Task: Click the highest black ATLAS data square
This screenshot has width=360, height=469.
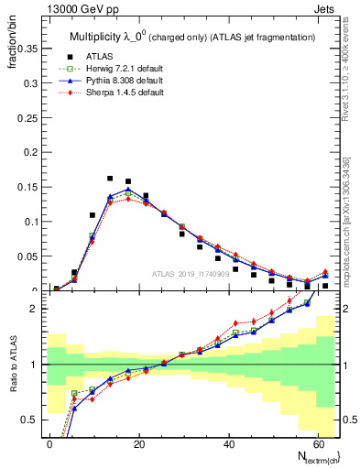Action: [110, 179]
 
